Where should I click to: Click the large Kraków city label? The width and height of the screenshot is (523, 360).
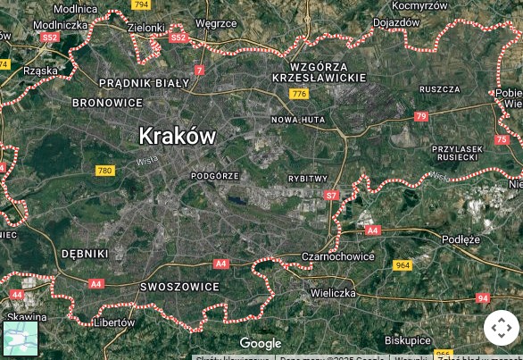(177, 135)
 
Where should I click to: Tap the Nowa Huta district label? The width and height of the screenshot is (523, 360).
(298, 119)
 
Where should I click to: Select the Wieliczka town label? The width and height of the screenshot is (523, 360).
(333, 293)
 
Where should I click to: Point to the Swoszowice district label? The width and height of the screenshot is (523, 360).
(179, 287)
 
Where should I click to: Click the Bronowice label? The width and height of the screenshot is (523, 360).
(107, 103)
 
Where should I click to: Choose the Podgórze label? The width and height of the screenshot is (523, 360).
(215, 176)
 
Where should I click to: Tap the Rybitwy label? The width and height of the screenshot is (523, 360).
(308, 179)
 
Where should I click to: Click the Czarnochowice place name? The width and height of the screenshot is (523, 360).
(338, 256)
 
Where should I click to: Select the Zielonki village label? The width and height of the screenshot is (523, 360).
(146, 28)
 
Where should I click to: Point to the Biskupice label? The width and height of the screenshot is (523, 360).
(408, 340)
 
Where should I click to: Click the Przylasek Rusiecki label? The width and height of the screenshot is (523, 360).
(457, 153)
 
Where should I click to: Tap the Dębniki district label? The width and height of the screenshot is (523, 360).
(84, 254)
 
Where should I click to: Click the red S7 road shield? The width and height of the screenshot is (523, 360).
(332, 195)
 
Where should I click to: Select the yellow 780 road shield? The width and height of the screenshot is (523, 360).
(105, 171)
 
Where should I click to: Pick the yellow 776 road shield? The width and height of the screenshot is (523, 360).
(299, 94)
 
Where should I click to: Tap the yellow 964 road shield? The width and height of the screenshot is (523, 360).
(403, 265)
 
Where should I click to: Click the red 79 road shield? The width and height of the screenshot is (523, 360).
(421, 116)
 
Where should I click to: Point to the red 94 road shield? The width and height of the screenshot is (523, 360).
(483, 298)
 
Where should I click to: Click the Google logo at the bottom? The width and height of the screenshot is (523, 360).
(261, 343)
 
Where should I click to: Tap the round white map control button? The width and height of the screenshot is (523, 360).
(501, 328)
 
